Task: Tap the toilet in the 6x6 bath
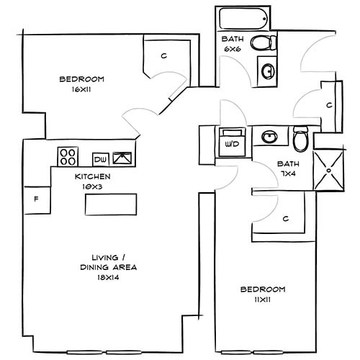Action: (261, 42)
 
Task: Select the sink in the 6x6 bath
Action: (267, 71)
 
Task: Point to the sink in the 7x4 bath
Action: (270, 136)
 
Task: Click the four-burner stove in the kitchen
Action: (68, 156)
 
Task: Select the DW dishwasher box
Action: (100, 158)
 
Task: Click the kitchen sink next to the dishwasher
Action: (122, 157)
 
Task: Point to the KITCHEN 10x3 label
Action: (92, 180)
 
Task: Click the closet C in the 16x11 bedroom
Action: (164, 55)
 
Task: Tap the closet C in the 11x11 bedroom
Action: (285, 218)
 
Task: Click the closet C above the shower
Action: (329, 105)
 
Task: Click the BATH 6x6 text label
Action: (232, 43)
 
